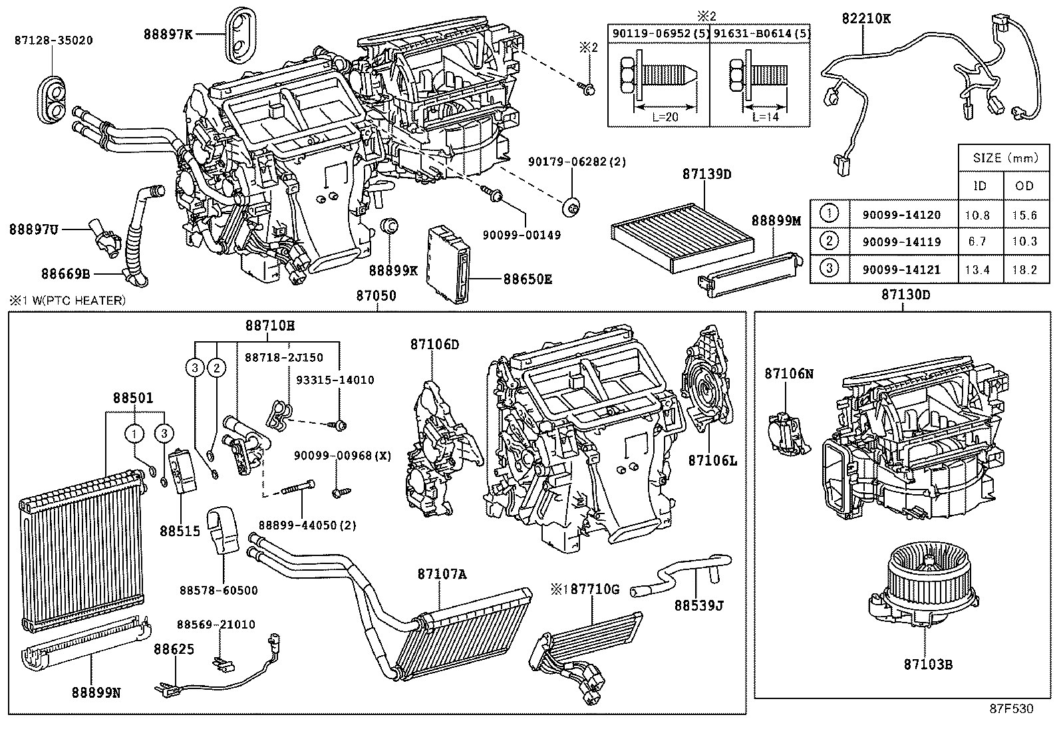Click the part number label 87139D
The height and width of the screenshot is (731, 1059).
point(706,174)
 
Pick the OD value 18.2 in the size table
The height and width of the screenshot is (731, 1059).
point(1024,269)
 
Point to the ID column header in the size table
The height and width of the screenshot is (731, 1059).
point(979,186)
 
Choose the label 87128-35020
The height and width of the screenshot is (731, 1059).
point(53,40)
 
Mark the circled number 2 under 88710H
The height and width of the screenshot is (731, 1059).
point(216,367)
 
